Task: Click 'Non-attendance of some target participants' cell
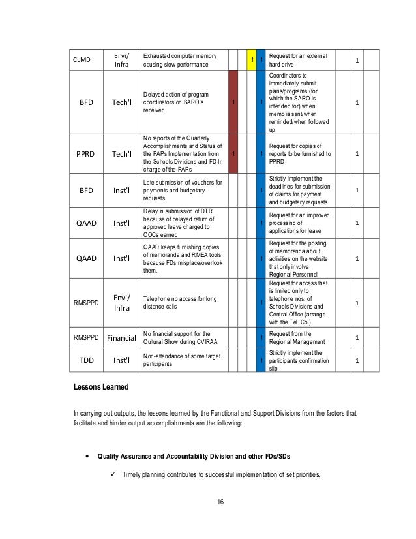point(183,360)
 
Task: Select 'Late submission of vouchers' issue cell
point(183,190)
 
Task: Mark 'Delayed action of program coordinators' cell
point(183,102)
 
